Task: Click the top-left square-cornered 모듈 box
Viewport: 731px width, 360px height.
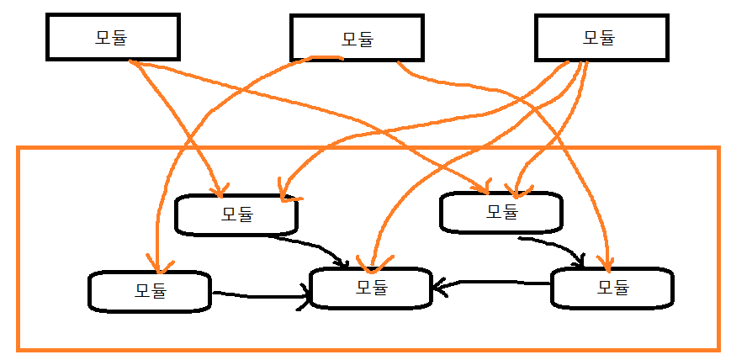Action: [112, 37]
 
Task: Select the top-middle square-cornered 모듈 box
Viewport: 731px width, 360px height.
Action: [358, 39]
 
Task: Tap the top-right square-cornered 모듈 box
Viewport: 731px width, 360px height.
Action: [600, 38]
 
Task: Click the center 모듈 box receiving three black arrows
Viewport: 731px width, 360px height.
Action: [371, 287]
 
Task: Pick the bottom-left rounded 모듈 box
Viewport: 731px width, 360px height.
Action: [150, 291]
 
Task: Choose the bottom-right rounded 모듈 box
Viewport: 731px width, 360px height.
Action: [612, 288]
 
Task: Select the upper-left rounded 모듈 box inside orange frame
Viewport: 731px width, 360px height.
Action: [236, 214]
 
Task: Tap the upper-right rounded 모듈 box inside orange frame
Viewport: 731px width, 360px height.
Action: [501, 211]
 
